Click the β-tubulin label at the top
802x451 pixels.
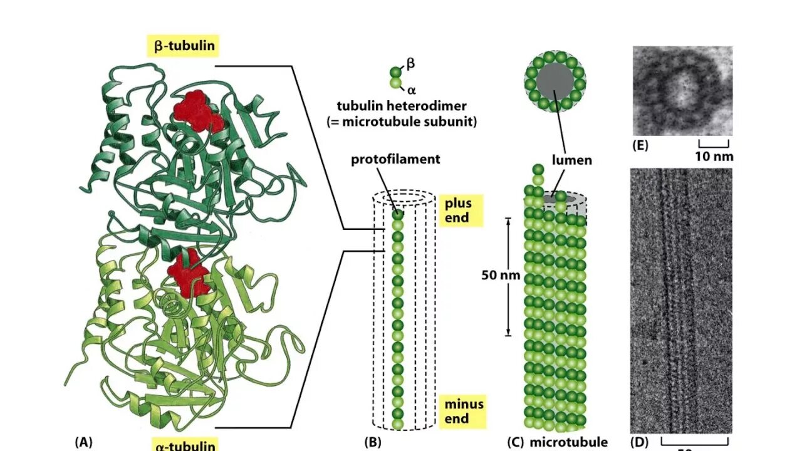tap(184, 46)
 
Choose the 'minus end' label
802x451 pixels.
tap(464, 411)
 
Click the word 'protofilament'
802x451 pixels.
tap(395, 159)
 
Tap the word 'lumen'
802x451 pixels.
tap(571, 160)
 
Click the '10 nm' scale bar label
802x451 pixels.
tap(713, 156)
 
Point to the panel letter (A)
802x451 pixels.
tap(83, 442)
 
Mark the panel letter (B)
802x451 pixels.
tap(372, 442)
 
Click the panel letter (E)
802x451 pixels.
tap(640, 147)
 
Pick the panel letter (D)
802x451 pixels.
tap(640, 442)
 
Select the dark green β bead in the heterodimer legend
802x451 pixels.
tap(396, 72)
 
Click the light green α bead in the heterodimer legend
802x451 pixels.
tap(396, 83)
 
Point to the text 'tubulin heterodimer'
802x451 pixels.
tap(401, 106)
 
